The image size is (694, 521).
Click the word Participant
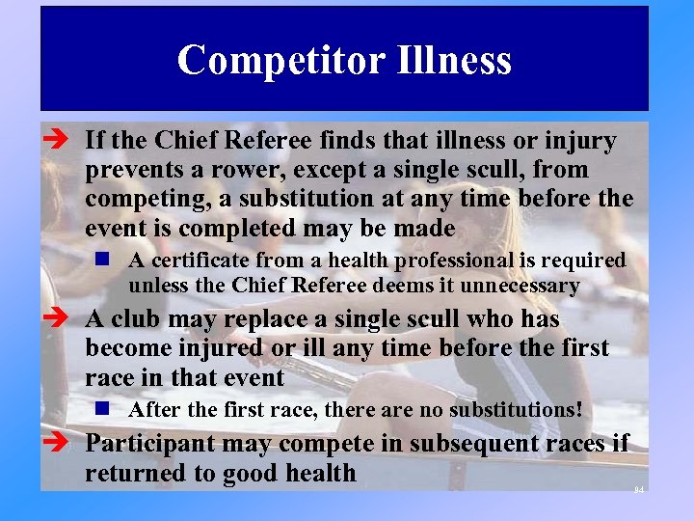(x=149, y=444)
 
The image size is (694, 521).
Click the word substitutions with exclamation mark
(x=514, y=410)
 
